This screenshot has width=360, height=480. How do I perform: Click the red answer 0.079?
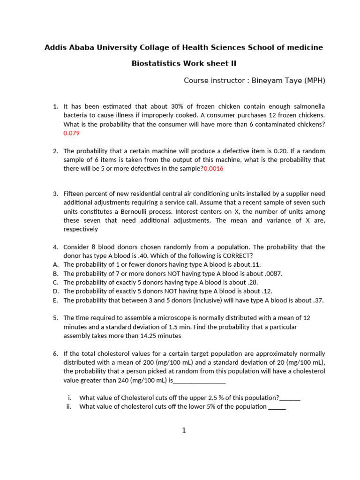point(71,133)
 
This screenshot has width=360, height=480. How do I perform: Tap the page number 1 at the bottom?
point(184,430)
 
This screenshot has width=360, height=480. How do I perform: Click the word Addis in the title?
point(55,47)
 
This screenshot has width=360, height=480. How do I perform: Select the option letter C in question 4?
point(55,283)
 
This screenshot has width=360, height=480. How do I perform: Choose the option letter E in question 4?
point(55,300)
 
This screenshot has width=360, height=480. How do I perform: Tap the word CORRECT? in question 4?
point(237,255)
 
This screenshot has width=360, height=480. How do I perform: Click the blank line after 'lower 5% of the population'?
point(277,407)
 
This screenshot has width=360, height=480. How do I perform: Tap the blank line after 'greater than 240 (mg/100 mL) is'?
point(200,381)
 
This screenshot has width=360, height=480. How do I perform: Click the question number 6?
point(55,353)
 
